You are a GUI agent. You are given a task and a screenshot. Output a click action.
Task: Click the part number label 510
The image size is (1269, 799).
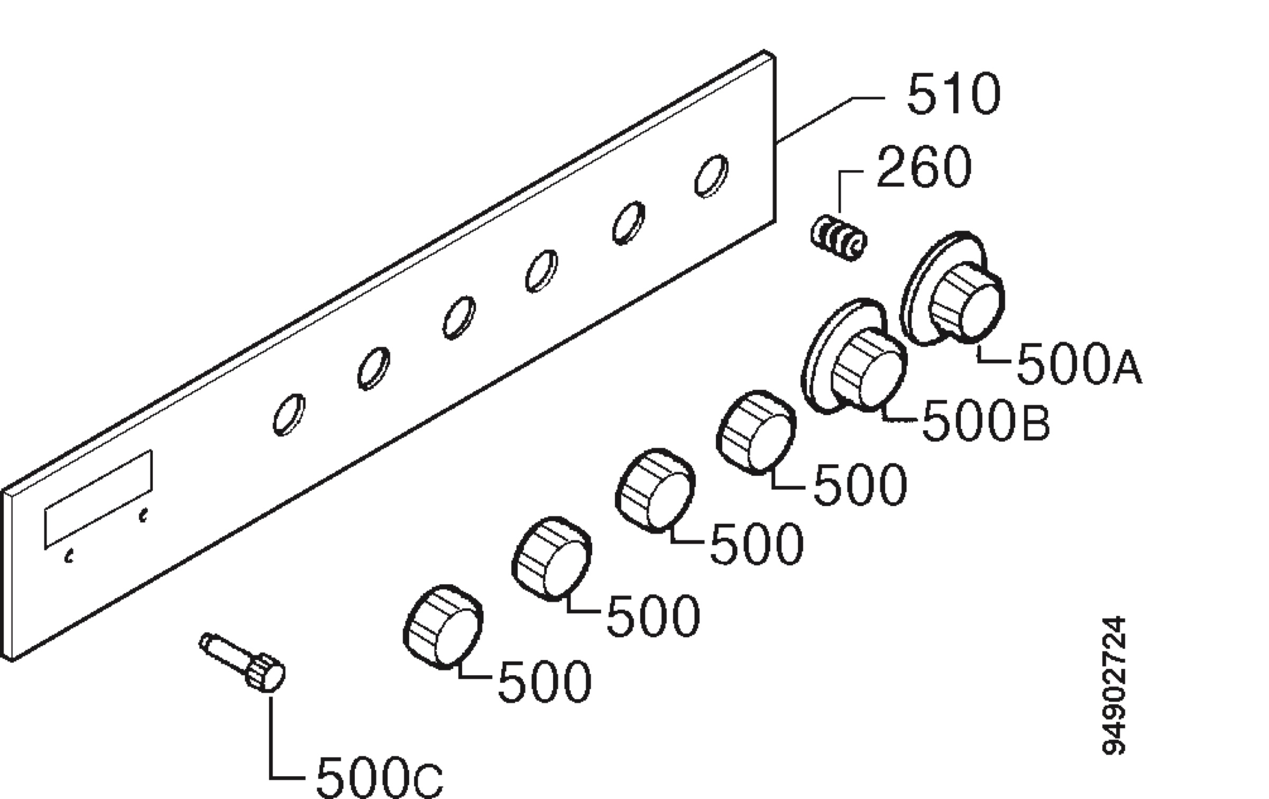pos(953,94)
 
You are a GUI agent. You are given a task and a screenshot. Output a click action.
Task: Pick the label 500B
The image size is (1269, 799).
pos(986,420)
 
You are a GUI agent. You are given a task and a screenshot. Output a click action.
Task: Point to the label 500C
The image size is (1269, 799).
pos(380,777)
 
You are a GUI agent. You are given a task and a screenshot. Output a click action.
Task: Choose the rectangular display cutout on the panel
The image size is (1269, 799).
pos(98,499)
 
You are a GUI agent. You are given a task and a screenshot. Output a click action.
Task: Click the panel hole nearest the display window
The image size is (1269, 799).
pos(289,415)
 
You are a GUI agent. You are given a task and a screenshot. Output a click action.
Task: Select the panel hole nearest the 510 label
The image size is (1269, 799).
pos(711,176)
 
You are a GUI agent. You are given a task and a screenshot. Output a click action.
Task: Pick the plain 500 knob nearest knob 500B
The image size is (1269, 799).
pos(756,433)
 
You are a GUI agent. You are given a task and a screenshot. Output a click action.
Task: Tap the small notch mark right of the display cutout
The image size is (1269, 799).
pos(143,515)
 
